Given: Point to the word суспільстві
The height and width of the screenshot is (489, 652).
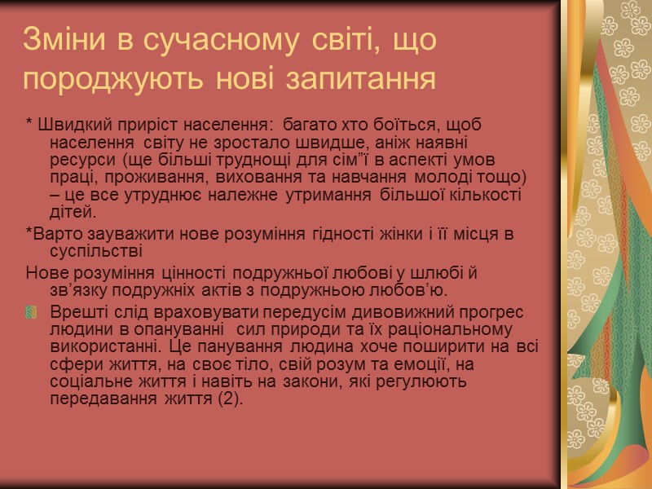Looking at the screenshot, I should pos(96,253).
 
